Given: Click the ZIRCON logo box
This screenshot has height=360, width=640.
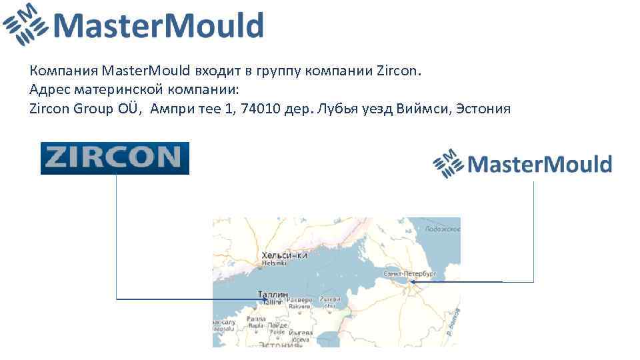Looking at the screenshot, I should pyautogui.click(x=115, y=158).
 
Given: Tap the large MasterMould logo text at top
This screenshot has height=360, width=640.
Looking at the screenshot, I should pyautogui.click(x=159, y=27).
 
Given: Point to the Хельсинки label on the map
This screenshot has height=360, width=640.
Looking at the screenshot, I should pyautogui.click(x=285, y=255).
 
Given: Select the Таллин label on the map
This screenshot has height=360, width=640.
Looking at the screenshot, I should pyautogui.click(x=273, y=294).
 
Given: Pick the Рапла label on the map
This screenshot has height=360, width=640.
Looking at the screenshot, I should pyautogui.click(x=256, y=319).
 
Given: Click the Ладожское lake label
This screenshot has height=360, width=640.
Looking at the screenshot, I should pyautogui.click(x=443, y=229).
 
